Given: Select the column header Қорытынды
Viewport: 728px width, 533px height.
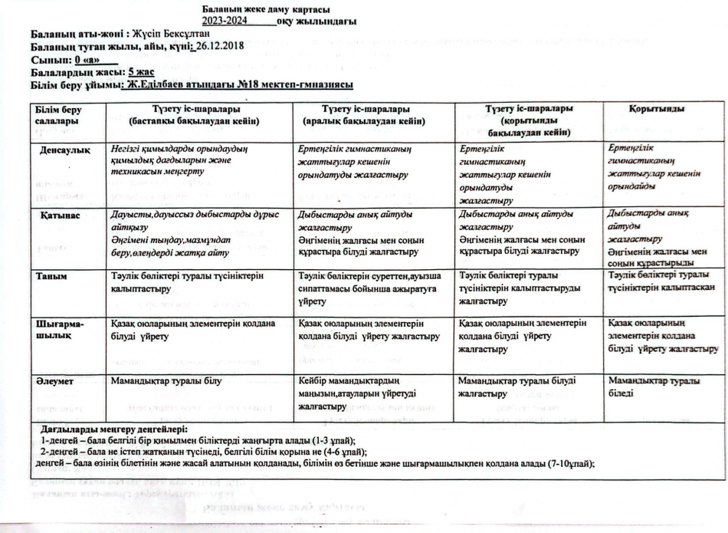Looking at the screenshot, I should point(657,110).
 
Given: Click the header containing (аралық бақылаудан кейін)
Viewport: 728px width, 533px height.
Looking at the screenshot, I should point(365,120).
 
